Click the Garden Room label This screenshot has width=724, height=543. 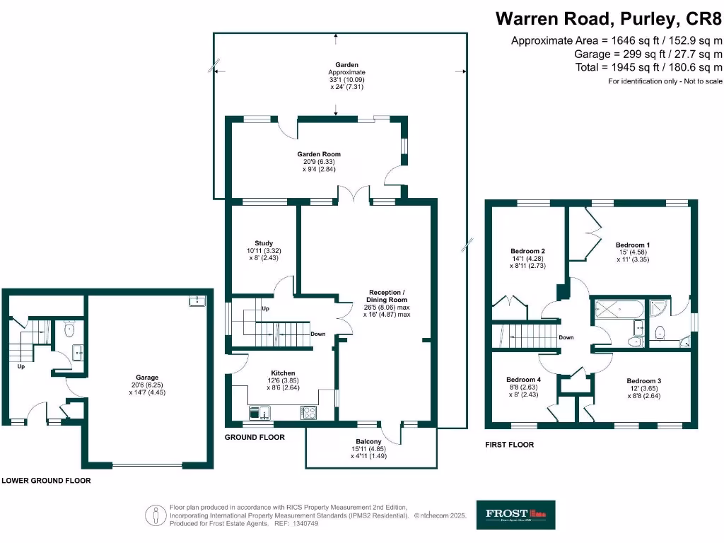click(318, 153)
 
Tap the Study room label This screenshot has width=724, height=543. click(264, 243)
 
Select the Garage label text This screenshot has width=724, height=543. click(147, 377)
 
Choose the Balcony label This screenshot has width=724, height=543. click(369, 441)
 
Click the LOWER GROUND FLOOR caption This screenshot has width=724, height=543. click(46, 480)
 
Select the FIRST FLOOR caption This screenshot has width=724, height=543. click(509, 445)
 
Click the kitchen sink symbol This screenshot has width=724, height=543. click(260, 412)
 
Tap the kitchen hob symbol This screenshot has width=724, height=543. click(309, 412)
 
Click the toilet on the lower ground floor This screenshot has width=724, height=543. click(69, 330)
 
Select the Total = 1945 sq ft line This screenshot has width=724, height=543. click(648, 67)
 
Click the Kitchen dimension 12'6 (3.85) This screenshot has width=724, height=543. click(283, 380)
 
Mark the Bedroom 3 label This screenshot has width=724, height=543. click(643, 380)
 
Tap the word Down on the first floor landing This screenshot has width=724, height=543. click(566, 337)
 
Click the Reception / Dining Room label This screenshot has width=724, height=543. click(388, 296)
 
